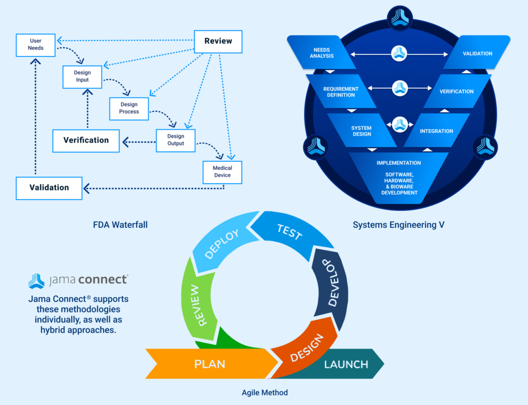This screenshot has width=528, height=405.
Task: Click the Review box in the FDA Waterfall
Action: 218,41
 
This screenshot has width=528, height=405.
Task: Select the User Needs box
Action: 35,45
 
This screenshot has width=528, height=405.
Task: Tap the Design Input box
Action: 82,76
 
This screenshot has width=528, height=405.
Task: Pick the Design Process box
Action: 129,108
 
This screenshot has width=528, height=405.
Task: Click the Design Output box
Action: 176,140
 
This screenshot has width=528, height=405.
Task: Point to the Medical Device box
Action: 222,171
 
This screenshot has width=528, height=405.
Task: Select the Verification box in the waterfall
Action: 86,140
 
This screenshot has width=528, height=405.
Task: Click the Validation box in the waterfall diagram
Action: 49,188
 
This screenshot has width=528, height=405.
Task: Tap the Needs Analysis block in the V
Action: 323,53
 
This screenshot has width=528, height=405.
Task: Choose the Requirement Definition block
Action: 341,92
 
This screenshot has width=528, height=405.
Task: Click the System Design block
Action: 361,130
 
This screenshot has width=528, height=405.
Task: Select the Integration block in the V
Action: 436,131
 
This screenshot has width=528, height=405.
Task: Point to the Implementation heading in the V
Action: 398,163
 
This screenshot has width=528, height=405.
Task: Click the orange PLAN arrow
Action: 210,364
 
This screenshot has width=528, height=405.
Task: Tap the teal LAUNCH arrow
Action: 346,364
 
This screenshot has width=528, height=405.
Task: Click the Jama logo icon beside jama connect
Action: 36,280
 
